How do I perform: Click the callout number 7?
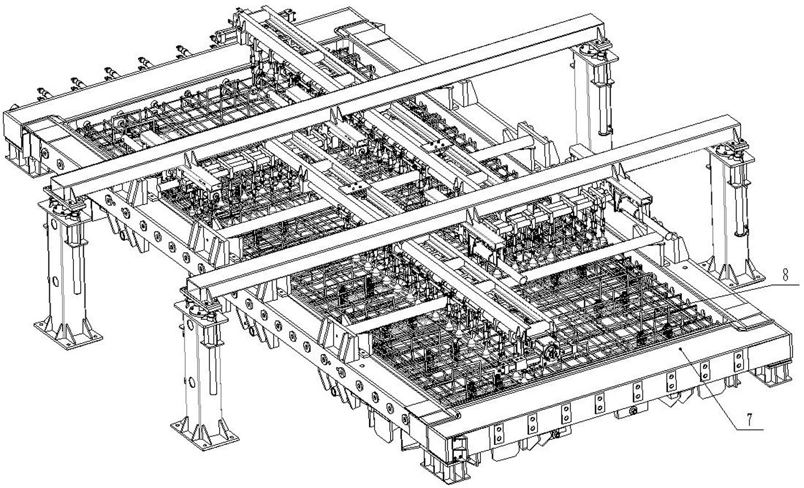749,420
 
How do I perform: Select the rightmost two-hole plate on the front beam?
738,360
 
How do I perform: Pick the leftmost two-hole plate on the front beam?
498,434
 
